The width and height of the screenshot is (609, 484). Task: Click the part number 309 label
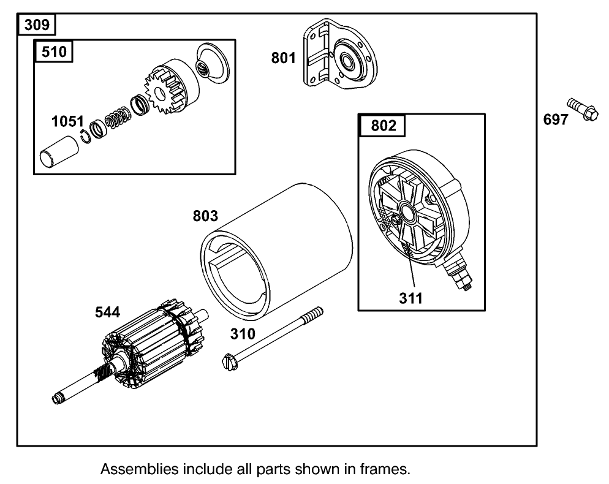click(x=36, y=26)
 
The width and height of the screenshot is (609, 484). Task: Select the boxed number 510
click(x=54, y=51)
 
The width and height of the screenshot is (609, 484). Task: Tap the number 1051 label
click(x=67, y=121)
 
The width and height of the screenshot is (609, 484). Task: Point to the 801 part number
click(x=284, y=58)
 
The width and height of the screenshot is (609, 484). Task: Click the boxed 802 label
click(x=384, y=126)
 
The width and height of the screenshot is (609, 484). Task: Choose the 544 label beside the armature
click(x=107, y=312)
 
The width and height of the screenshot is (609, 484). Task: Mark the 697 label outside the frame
click(x=556, y=119)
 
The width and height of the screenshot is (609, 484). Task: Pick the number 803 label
click(x=205, y=216)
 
